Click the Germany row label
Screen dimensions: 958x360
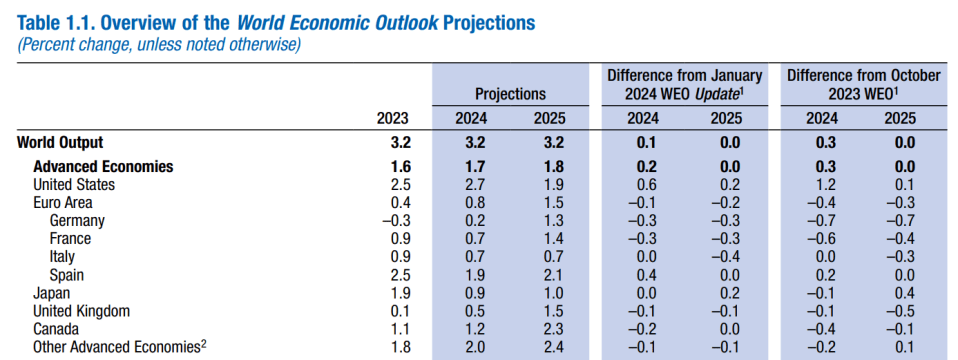point(77,220)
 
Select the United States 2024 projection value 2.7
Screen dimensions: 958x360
point(472,184)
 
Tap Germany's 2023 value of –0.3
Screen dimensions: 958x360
point(395,220)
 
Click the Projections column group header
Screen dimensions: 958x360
point(510,95)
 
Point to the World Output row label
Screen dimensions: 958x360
point(60,143)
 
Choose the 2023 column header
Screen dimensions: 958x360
point(393,119)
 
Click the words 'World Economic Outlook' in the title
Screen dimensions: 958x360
point(337,23)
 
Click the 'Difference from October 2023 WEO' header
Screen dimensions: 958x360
point(863,85)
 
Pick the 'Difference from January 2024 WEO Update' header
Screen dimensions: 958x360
point(684,85)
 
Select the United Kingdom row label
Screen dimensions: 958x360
point(82,311)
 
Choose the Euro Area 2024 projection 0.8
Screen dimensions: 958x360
point(472,202)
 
